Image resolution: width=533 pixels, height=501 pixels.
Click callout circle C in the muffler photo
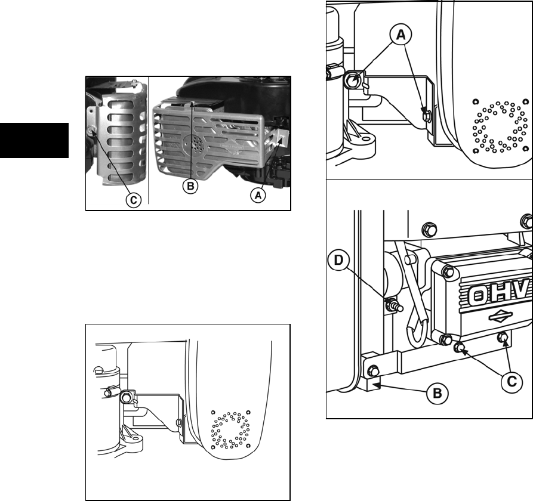click(133, 200)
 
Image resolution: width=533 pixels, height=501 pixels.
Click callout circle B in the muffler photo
click(190, 187)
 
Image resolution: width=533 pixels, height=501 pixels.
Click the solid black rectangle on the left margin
click(34, 141)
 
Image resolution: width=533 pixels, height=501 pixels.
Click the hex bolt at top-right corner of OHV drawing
click(526, 219)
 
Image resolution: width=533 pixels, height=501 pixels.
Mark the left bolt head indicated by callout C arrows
click(460, 347)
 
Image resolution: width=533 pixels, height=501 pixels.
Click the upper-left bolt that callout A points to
click(353, 79)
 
